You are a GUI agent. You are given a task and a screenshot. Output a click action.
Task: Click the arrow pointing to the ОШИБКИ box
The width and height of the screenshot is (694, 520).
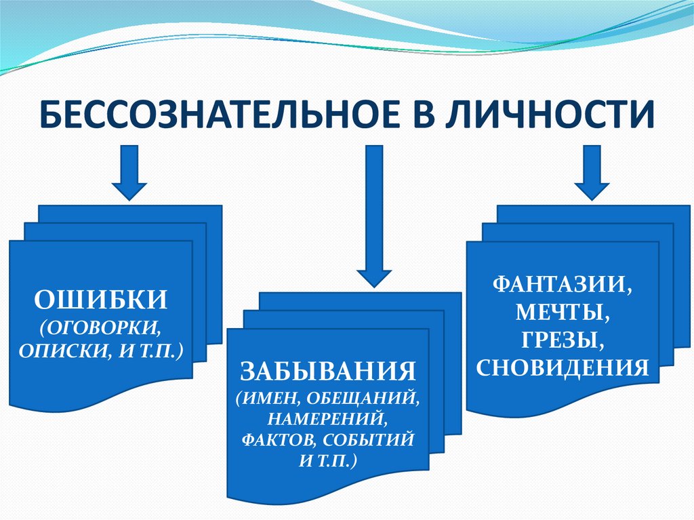click(x=129, y=173)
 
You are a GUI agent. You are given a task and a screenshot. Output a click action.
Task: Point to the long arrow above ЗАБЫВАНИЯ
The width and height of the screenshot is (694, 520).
click(x=374, y=216)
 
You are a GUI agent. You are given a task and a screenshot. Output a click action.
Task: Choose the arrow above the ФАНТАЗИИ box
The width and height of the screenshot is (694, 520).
click(x=592, y=173)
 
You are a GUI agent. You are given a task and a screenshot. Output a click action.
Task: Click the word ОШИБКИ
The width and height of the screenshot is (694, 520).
click(x=101, y=300)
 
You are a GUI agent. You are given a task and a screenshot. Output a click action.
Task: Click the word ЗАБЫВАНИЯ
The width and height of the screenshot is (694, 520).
click(x=328, y=371)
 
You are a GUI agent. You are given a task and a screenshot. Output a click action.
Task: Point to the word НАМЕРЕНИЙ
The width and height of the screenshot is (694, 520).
click(x=325, y=418)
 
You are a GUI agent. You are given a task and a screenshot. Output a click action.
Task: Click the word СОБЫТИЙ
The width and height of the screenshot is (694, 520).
click(x=368, y=440)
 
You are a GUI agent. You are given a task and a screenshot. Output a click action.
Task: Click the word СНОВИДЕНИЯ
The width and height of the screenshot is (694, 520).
click(x=563, y=367)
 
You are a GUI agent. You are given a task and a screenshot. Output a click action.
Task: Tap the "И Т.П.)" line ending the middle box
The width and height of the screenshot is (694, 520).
click(x=328, y=462)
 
